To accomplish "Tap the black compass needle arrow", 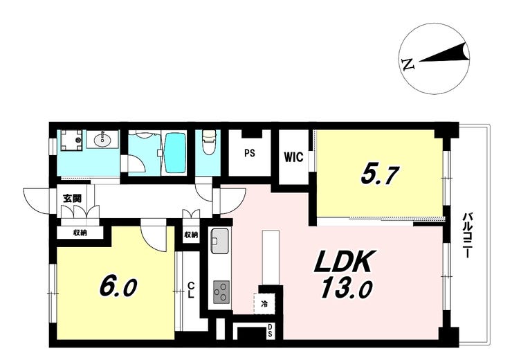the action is pyautogui.click(x=445, y=53).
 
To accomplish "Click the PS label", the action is pyautogui.click(x=250, y=153).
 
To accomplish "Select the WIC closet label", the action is pyautogui.click(x=293, y=156).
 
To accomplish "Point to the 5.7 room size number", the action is pyautogui.click(x=381, y=176).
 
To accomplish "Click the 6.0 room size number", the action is pyautogui.click(x=118, y=287).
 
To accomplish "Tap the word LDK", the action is pyautogui.click(x=342, y=261).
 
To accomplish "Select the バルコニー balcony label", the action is pyautogui.click(x=468, y=235).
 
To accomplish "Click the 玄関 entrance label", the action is pyautogui.click(x=72, y=198).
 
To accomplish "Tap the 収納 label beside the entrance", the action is pyautogui.click(x=80, y=233).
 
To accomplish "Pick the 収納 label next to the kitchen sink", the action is pyautogui.click(x=191, y=235).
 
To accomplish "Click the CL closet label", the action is pyautogui.click(x=191, y=290).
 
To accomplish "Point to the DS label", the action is pyautogui.click(x=271, y=330).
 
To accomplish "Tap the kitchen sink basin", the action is pyautogui.click(x=220, y=241).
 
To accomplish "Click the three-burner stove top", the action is pyautogui.click(x=221, y=291).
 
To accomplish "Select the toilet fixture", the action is pyautogui.click(x=208, y=143).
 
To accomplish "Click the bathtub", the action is pyautogui.click(x=175, y=152).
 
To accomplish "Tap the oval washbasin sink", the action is pyautogui.click(x=102, y=140).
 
